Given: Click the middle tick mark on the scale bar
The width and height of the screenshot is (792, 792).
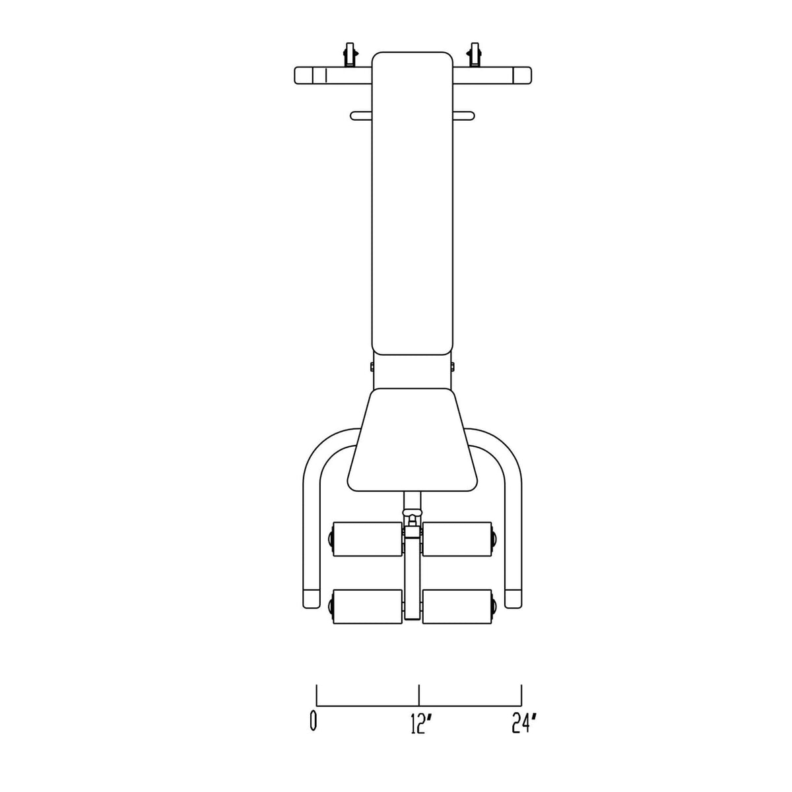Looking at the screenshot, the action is click(419, 695).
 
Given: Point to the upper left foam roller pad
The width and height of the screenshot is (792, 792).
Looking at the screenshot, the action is click(368, 539).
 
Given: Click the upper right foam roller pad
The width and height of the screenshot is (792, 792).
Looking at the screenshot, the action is click(457, 539).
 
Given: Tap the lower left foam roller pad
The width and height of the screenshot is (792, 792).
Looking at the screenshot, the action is click(368, 607).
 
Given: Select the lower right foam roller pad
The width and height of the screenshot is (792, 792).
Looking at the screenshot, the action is click(457, 607).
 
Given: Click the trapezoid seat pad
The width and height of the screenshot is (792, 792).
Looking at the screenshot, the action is click(412, 440).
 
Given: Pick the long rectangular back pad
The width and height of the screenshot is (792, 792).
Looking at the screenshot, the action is click(412, 203).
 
